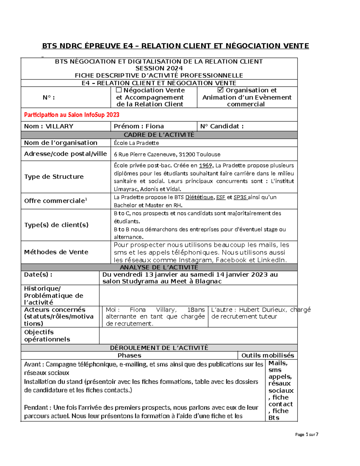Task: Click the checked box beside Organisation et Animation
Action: [220, 90]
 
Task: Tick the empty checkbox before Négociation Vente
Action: [119, 90]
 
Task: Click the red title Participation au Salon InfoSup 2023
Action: [72, 115]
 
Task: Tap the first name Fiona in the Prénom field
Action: [154, 126]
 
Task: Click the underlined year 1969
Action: [205, 165]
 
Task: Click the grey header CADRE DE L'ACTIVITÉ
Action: [159, 135]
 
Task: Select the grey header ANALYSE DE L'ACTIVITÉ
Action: [159, 267]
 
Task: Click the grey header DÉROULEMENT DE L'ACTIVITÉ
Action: [159, 348]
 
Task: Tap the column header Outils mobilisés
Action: [268, 356]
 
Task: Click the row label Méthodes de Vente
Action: [56, 252]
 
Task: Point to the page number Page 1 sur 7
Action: [306, 434]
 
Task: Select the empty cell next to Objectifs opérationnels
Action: [198, 335]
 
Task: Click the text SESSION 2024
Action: [159, 68]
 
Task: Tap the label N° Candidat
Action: [222, 126]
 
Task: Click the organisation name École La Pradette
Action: [136, 143]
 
